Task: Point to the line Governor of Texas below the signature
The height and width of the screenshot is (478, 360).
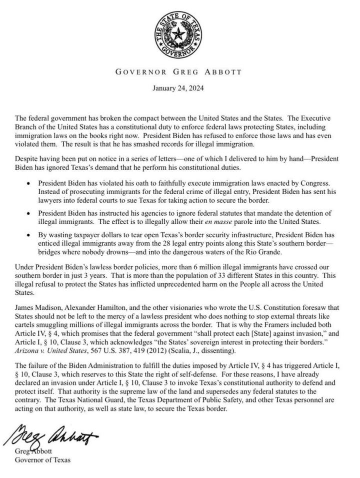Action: point(42,459)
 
